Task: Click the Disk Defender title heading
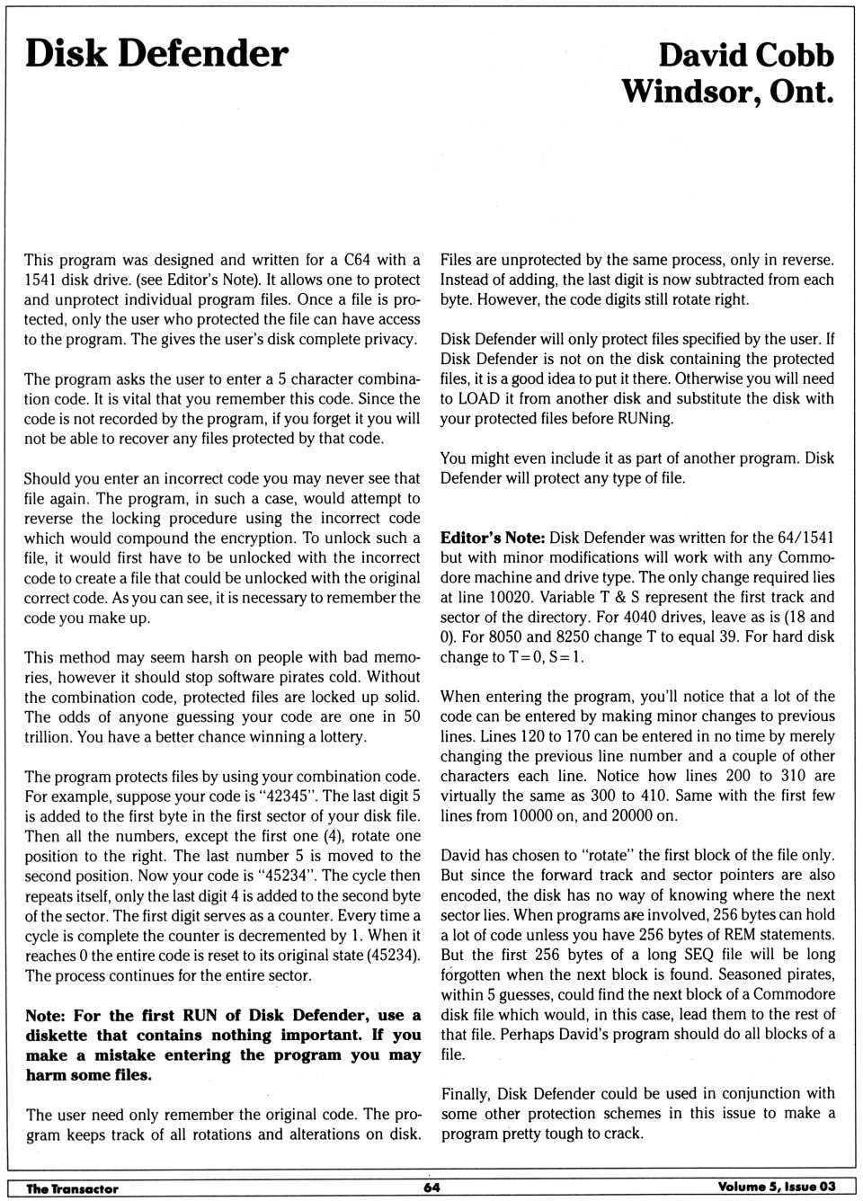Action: [156, 54]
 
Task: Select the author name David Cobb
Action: [745, 55]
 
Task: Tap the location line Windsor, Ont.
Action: [727, 91]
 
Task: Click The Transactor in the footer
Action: [72, 1188]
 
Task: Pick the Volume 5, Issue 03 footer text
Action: [776, 1187]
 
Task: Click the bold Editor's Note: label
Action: [492, 538]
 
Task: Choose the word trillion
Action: [48, 736]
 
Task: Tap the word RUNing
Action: [645, 418]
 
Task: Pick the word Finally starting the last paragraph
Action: [467, 1093]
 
